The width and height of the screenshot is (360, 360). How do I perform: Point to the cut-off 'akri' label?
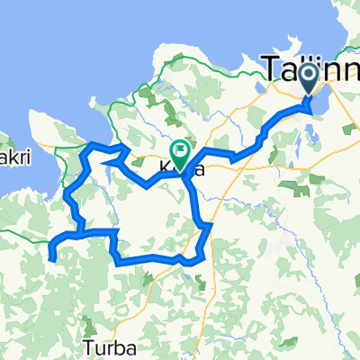(x=15, y=158)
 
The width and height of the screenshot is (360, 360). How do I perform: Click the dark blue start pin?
(x=310, y=79)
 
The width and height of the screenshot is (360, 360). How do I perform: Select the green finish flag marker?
(x=180, y=153)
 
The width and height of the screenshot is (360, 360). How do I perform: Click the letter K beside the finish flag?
(x=166, y=167)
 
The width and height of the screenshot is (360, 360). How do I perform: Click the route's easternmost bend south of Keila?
(x=211, y=226)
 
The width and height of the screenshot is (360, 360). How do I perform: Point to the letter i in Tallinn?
(x=322, y=67)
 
